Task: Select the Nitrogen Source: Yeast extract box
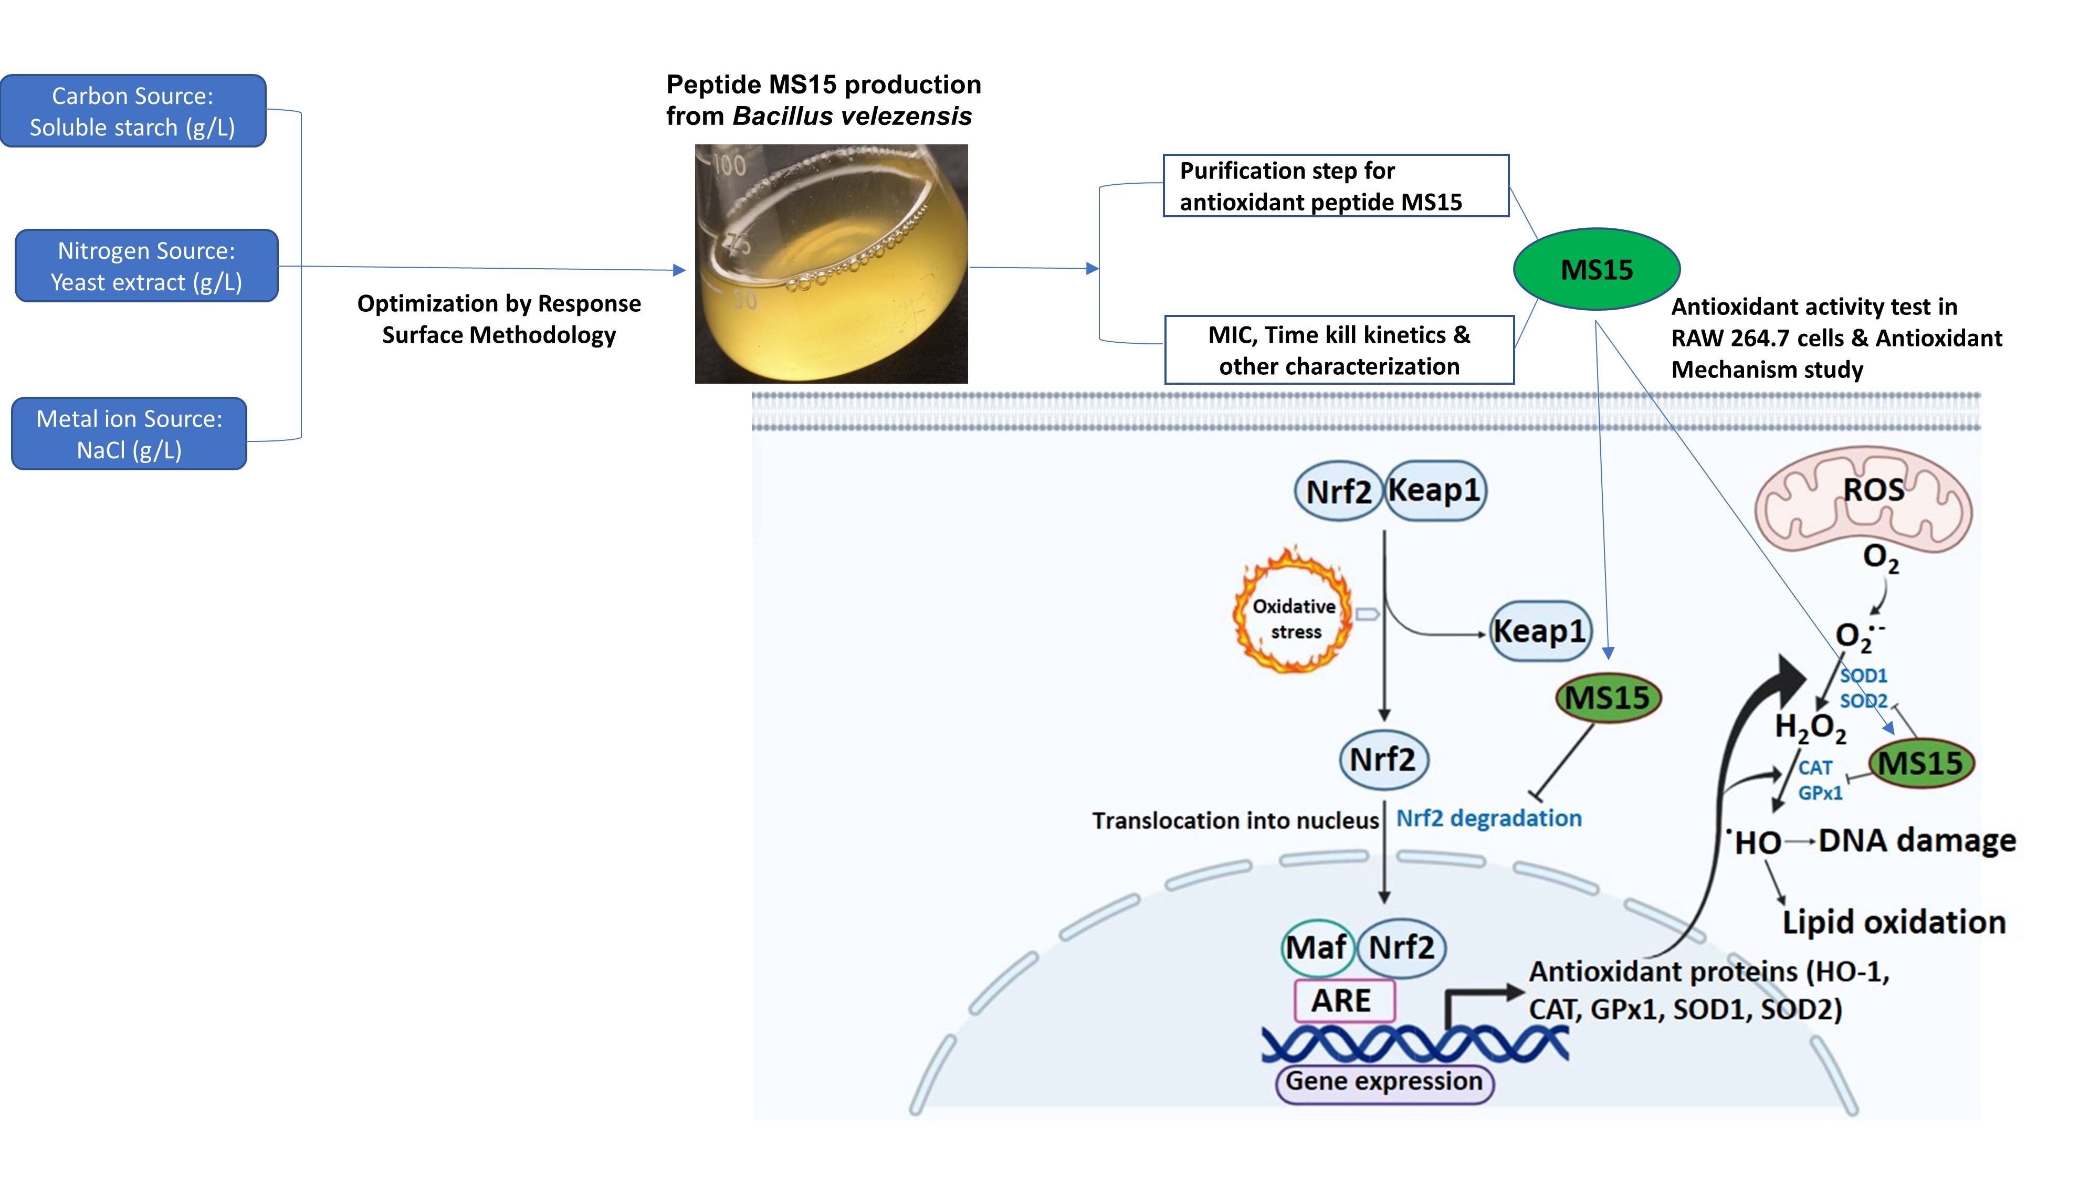point(147,266)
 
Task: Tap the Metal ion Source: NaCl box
point(129,434)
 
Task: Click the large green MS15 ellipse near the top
point(1595,269)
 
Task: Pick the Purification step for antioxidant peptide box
point(1335,186)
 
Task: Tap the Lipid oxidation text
point(1893,922)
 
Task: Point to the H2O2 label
point(1810,727)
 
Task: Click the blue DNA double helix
point(1414,1044)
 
